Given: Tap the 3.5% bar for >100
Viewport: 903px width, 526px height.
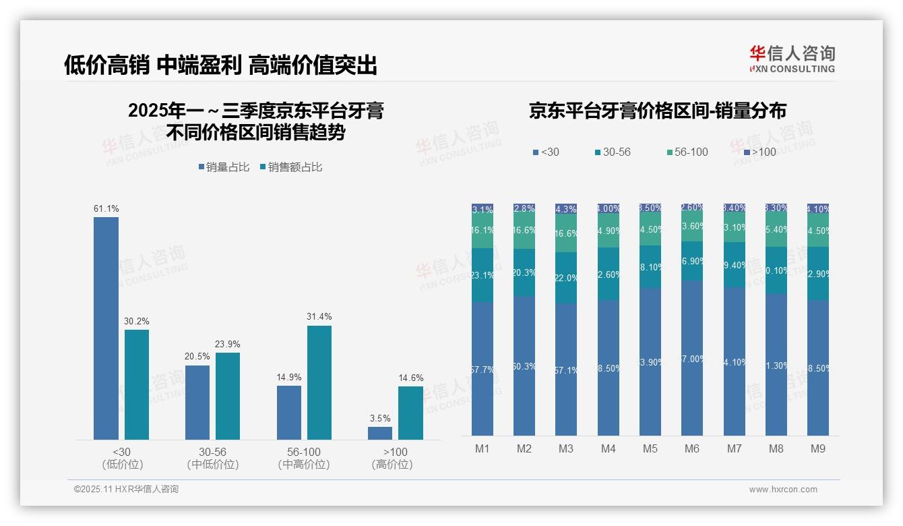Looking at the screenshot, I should [380, 433].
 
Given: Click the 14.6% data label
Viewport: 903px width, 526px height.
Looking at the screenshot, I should [410, 378].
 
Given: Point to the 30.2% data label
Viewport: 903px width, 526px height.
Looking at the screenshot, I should [136, 322].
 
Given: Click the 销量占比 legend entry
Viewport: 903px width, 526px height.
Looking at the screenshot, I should [224, 167].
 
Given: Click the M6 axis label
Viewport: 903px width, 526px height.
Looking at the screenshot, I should [692, 448].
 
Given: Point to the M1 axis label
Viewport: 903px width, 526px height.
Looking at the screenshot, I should [482, 448].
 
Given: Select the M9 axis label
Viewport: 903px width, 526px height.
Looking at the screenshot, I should [818, 448].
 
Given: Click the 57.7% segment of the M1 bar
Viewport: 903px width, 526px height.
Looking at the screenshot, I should [482, 369].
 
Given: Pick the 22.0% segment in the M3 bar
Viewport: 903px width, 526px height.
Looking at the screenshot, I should [566, 278].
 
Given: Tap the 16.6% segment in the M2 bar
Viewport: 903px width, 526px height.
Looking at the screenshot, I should [524, 231].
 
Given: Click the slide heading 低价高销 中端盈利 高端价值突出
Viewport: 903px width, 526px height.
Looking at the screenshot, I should [220, 65].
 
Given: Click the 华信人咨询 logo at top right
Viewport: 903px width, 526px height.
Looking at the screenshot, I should [792, 59].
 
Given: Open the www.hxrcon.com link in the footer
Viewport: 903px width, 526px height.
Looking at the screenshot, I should [783, 490].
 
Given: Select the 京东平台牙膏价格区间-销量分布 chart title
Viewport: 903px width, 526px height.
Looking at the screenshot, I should [657, 111].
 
